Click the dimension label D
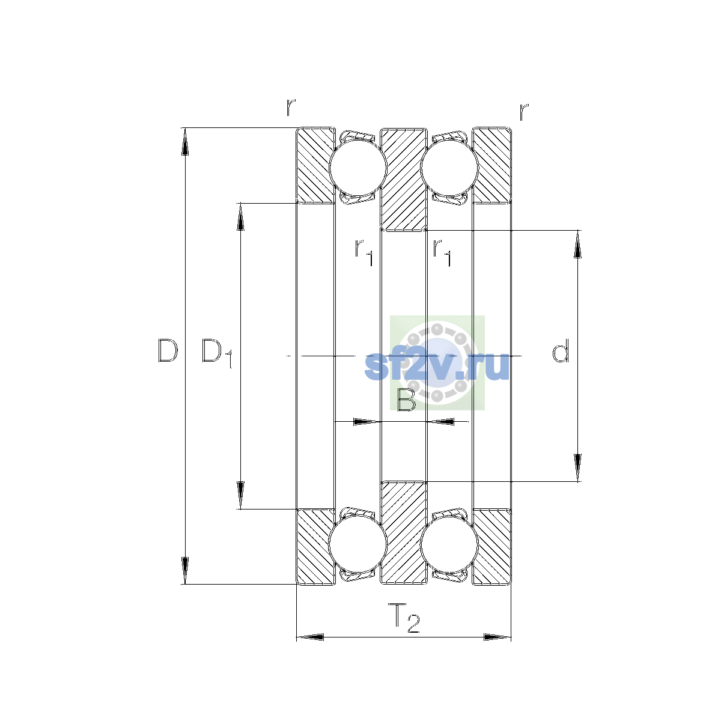168,350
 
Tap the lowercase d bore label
561,350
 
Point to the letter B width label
406,400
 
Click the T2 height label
404,618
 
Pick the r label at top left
291,108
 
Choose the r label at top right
524,112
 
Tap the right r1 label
442,252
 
